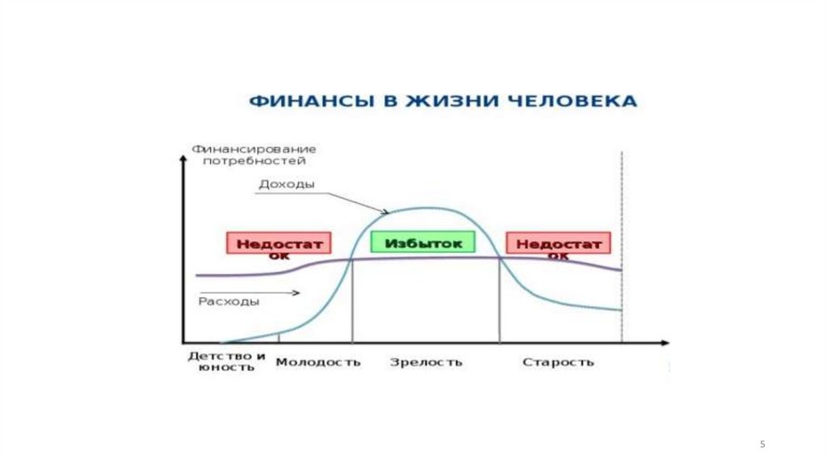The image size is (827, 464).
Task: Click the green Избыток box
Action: tap(424, 243)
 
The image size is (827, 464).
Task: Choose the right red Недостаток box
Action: tap(559, 245)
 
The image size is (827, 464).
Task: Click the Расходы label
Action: tap(229, 302)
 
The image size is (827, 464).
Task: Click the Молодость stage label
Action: tap(318, 362)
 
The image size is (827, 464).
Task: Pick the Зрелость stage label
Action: tap(426, 362)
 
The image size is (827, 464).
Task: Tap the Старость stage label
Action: tap(558, 362)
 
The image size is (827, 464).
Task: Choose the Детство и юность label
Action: tap(227, 361)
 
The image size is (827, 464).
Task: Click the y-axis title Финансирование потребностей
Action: tap(254, 155)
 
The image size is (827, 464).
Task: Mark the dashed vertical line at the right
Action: tap(622, 243)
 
